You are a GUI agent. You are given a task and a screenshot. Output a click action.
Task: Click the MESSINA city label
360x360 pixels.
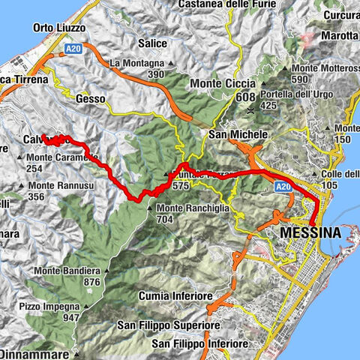(310, 234)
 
